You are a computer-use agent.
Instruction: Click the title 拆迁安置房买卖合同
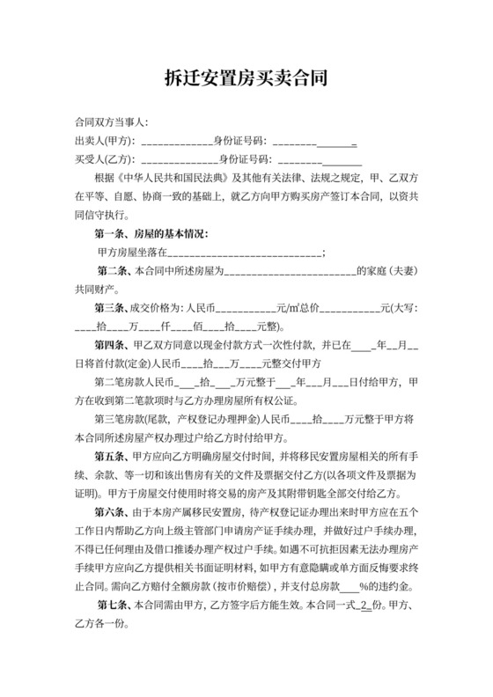point(246,78)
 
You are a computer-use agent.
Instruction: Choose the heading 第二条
point(115,272)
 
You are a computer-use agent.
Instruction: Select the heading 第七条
point(115,604)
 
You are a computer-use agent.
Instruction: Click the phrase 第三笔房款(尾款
point(132,420)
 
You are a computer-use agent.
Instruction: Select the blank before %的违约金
point(349,585)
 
